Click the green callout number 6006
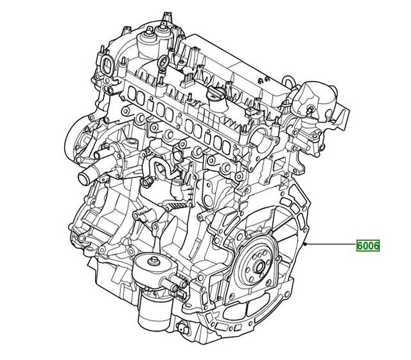tap(368, 246)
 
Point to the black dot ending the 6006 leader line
tap(306, 244)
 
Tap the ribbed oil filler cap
tap(216, 96)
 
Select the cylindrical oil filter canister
tap(152, 308)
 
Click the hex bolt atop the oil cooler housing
tap(153, 261)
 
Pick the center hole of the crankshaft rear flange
tap(260, 267)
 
